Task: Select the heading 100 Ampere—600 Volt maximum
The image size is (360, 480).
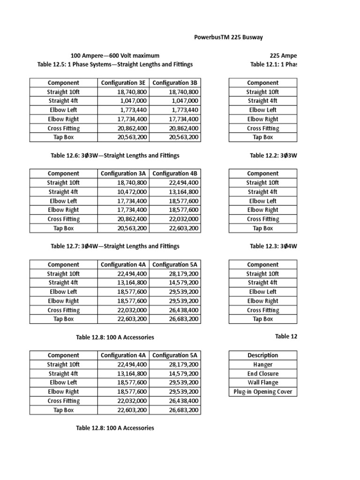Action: (x=115, y=55)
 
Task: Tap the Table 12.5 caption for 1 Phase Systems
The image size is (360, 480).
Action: (x=115, y=64)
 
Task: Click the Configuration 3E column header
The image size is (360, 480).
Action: (x=124, y=83)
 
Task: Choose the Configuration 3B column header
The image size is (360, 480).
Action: (x=176, y=83)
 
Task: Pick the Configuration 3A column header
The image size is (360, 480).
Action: (x=124, y=174)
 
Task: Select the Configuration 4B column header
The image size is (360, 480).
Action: (x=176, y=174)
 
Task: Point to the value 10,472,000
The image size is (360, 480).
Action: (x=132, y=192)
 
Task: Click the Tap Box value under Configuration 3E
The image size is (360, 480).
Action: (x=132, y=137)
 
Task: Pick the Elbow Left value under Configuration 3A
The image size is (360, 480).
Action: (x=132, y=201)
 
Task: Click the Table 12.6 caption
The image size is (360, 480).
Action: (x=115, y=155)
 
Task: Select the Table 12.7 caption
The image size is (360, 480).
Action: (x=115, y=246)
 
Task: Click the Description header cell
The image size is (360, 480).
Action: (x=262, y=355)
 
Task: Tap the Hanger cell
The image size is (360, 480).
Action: (x=262, y=364)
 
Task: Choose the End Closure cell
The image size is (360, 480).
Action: (x=262, y=374)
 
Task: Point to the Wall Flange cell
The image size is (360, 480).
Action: (x=262, y=382)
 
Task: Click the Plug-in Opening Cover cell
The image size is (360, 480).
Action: (x=262, y=391)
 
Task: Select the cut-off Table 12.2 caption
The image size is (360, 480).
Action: (x=273, y=155)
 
